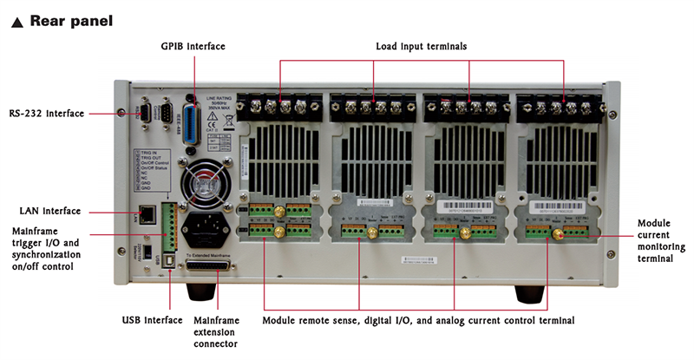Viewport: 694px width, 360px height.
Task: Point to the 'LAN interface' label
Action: pos(50,211)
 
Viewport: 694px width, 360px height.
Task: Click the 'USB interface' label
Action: pos(153,320)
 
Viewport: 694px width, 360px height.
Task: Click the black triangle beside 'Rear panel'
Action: pos(16,21)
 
